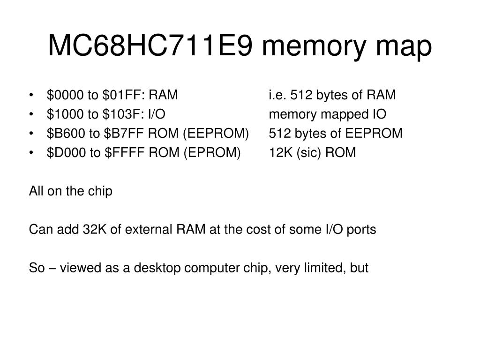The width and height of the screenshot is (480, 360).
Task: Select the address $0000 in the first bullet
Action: (66, 95)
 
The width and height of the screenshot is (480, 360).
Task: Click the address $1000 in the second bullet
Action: (65, 114)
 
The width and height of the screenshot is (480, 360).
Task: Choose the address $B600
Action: (65, 134)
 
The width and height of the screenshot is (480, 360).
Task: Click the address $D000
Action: (66, 153)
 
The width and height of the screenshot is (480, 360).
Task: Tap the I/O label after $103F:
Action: (157, 114)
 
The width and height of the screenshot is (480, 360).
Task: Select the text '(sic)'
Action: (307, 153)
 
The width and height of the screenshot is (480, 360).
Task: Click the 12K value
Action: (280, 153)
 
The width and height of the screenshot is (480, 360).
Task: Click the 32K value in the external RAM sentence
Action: (92, 230)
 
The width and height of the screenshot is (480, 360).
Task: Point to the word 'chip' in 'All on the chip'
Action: (101, 192)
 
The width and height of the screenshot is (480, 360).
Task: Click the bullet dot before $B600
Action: (31, 134)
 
